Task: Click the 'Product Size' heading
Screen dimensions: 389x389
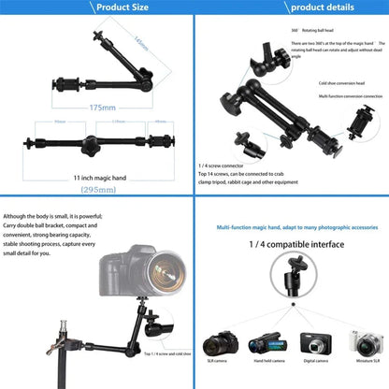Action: pyautogui.click(x=96, y=7)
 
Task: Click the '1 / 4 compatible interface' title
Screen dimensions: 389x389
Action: pyautogui.click(x=292, y=244)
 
